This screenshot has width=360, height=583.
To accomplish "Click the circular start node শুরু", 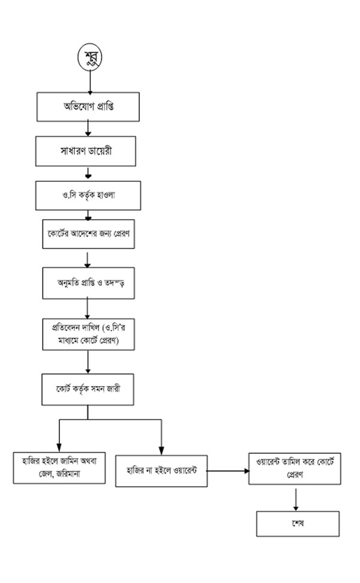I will (x=90, y=58).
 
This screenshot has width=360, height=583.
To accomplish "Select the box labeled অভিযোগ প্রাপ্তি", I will (x=88, y=107).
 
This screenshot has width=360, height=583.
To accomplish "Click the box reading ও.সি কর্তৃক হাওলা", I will (x=88, y=195).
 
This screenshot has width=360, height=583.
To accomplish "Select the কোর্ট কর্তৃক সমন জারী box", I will (x=88, y=388).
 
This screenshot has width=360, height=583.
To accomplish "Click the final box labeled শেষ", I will (x=298, y=523).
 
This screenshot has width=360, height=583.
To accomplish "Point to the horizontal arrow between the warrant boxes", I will (x=228, y=471).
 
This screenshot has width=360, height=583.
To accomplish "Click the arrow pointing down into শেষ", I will (x=296, y=500).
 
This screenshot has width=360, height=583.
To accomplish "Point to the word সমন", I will (x=100, y=389).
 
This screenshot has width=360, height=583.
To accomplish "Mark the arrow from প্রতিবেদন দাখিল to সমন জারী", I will (x=88, y=362).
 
